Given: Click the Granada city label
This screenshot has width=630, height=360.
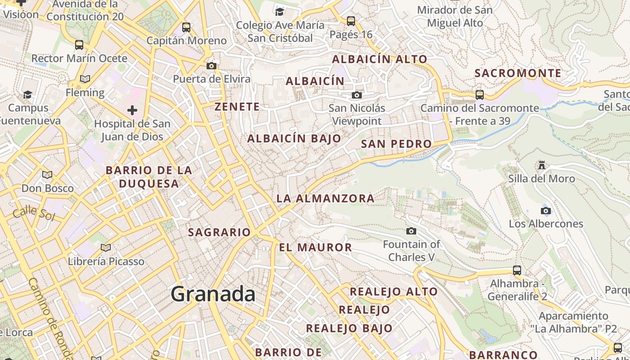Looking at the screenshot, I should [x=213, y=294].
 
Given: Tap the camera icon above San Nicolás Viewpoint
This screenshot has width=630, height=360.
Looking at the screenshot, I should [x=356, y=95].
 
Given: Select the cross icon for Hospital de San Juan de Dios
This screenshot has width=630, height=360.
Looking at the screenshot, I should [x=132, y=110].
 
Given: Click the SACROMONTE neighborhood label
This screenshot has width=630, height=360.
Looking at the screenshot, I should [x=518, y=73].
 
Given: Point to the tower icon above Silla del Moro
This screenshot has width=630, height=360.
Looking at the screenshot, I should [x=542, y=165].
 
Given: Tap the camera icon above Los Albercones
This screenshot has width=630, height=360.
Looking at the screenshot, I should [x=545, y=211].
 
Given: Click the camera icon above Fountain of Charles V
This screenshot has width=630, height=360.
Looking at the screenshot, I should [x=411, y=231].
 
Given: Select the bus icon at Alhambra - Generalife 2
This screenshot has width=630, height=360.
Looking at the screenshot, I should [x=517, y=270].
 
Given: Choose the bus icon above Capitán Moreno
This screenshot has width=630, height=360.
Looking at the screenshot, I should [x=186, y=27].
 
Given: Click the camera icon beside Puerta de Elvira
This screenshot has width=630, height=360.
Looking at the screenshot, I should [x=211, y=66].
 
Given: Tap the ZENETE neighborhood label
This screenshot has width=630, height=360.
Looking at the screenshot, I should [x=237, y=107].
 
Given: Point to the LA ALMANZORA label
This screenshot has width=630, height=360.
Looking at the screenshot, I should [x=325, y=198].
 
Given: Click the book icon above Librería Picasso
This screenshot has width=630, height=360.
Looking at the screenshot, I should [x=106, y=247].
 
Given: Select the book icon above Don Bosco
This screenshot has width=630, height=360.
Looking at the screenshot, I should [x=47, y=175].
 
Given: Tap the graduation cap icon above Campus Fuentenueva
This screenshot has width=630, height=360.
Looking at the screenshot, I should [x=27, y=94].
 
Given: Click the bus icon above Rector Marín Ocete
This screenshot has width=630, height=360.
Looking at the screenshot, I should [x=79, y=45].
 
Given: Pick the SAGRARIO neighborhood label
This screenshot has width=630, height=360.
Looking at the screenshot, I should [x=219, y=232].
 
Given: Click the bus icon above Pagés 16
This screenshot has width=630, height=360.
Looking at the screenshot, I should [x=351, y=21].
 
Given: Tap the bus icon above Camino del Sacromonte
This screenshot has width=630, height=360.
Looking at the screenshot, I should [x=480, y=95].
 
